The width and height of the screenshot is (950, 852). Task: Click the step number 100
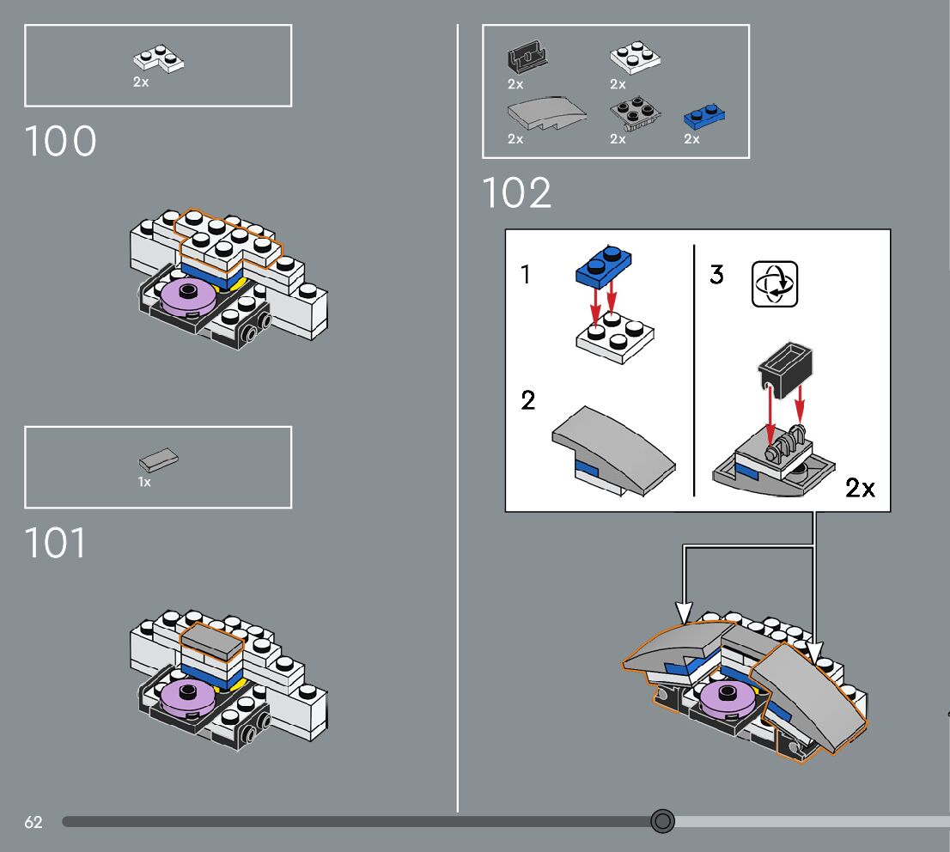coord(61,142)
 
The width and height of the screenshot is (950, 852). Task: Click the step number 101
coord(56,543)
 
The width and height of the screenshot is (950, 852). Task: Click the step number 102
coord(516,193)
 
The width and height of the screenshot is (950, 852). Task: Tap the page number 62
coord(33,822)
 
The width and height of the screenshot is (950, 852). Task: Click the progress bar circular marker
coord(662,821)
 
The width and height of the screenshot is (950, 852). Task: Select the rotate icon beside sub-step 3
coord(775,285)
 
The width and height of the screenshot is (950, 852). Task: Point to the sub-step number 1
coord(526,275)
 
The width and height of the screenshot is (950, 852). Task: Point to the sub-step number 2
coord(528,400)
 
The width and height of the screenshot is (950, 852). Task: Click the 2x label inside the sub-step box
coord(860,488)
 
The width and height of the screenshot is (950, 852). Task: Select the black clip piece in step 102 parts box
coord(527,59)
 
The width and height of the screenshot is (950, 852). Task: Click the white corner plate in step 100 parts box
coord(159,59)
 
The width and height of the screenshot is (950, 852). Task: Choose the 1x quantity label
coord(144,483)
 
